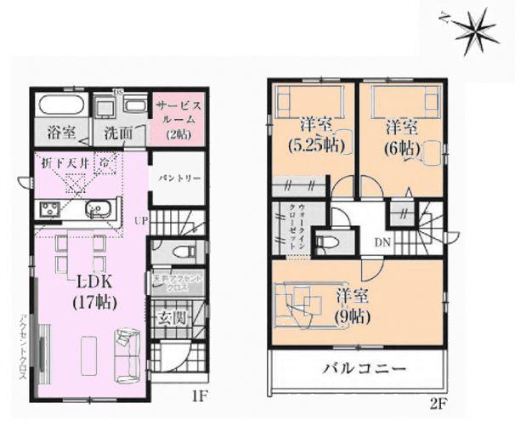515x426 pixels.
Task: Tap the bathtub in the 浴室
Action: pyautogui.click(x=59, y=107)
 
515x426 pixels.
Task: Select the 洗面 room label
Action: pyautogui.click(x=118, y=133)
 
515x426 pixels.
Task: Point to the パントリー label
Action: pyautogui.click(x=178, y=179)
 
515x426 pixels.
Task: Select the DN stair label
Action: pyautogui.click(x=382, y=241)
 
